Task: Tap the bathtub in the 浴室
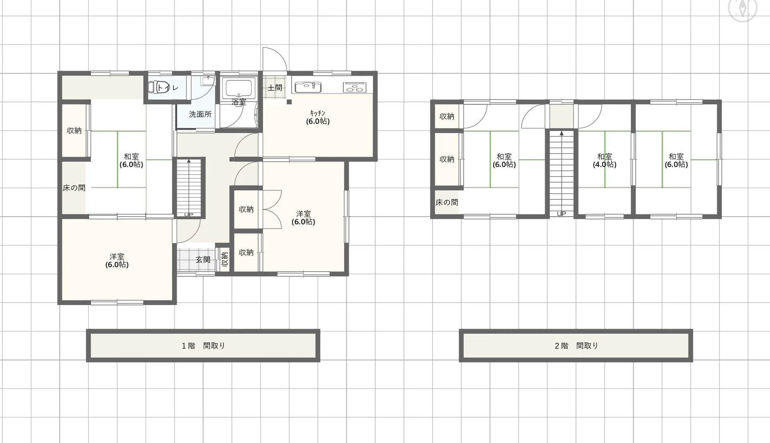coord(239,88)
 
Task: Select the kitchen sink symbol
coord(308,87)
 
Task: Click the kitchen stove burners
coord(355,87)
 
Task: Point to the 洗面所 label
coord(200,114)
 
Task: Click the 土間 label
coord(275,87)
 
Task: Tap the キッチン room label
coord(318,117)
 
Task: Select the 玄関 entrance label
coord(203,260)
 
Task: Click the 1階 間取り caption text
coord(203,345)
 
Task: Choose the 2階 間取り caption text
coord(576,345)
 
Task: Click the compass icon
coord(742,9)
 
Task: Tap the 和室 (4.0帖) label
coord(605,161)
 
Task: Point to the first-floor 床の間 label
coord(74,188)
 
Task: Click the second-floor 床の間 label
coord(447,202)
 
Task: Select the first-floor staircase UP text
coord(188,215)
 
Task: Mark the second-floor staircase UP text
coord(561,214)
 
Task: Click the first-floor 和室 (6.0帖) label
coord(131,161)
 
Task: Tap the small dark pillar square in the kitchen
coord(289,102)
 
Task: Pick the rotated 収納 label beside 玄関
coord(225,260)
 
